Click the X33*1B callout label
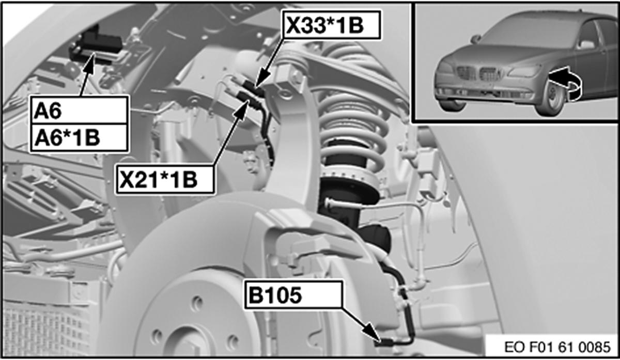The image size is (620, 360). (x=332, y=25)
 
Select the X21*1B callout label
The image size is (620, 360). (x=165, y=180)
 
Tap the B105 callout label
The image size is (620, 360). (x=293, y=295)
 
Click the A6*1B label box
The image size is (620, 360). (x=79, y=138)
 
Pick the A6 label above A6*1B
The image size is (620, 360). (x=79, y=110)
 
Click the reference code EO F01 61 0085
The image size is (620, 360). (x=557, y=347)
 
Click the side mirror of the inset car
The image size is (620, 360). (x=587, y=44)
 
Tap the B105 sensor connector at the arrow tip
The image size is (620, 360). (x=383, y=343)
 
